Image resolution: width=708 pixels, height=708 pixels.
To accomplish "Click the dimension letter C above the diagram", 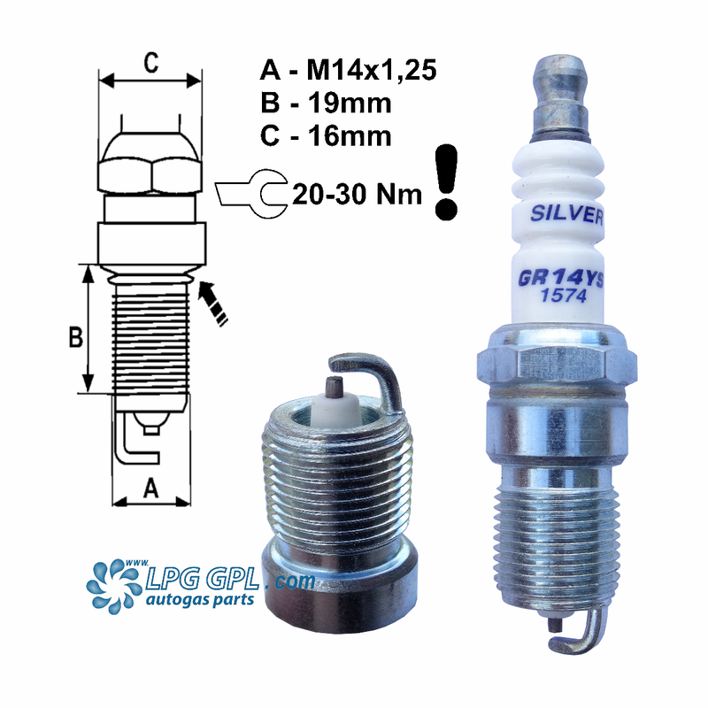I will tap(151, 62).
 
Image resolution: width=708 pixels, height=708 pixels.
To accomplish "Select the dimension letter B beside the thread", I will tap(76, 337).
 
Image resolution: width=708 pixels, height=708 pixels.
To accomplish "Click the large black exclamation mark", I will tap(448, 182).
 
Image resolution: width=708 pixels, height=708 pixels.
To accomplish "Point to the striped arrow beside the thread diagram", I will tap(212, 301).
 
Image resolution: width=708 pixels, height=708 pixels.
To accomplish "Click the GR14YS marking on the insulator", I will tap(561, 279).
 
